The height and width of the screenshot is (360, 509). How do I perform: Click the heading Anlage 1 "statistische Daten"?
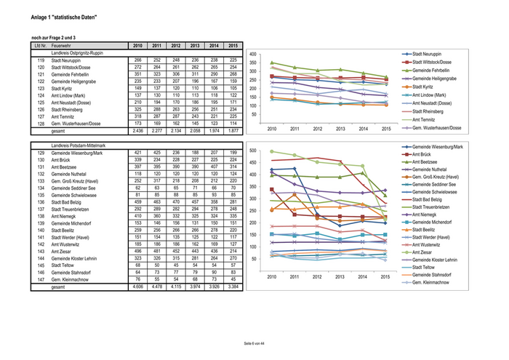63,17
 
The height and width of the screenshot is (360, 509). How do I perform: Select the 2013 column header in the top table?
194,45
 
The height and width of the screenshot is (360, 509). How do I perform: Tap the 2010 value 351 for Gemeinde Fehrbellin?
137,74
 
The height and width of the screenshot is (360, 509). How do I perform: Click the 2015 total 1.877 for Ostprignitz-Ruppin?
232,131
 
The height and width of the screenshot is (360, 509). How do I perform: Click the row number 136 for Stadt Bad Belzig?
40,202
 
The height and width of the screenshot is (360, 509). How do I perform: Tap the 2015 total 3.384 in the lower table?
232,287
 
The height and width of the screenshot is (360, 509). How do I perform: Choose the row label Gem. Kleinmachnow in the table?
71,279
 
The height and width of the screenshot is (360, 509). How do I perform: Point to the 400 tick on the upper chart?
252,55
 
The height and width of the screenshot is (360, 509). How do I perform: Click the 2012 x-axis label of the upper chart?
318,128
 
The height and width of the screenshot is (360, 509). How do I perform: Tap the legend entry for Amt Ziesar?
425,252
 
